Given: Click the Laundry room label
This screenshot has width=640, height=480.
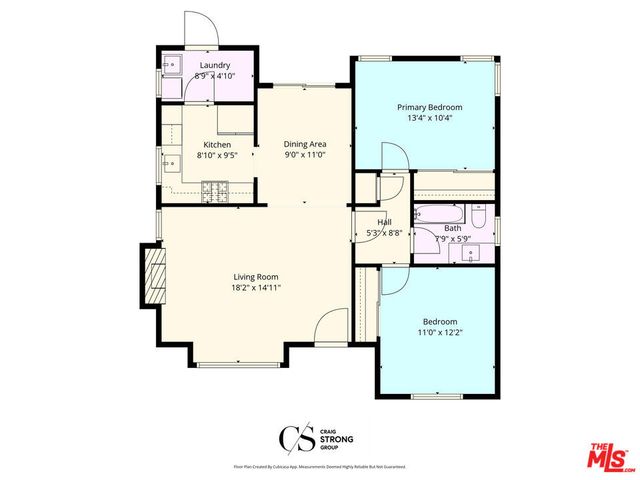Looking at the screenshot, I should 215,65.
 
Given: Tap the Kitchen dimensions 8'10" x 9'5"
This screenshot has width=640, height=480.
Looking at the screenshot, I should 217,155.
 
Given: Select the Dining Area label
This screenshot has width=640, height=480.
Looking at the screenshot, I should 304,144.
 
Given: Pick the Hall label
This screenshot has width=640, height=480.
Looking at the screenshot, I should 383,222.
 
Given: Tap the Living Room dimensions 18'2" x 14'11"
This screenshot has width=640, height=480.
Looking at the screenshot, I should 256,287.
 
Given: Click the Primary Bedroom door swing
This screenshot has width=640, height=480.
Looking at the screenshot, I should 392,158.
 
